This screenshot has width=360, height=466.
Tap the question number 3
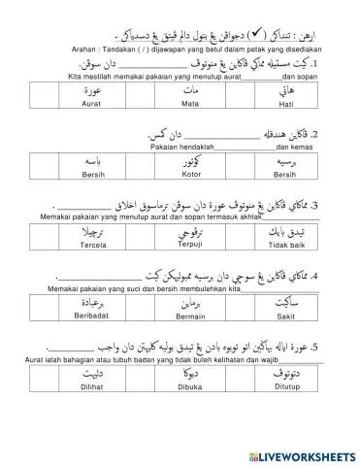click(x=329, y=205)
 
